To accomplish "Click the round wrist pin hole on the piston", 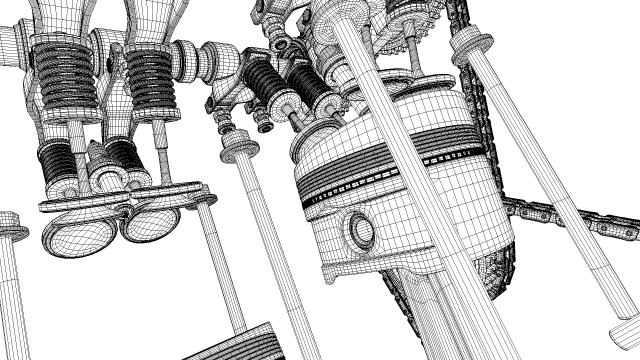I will (359, 231).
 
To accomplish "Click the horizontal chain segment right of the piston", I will (560, 217).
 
